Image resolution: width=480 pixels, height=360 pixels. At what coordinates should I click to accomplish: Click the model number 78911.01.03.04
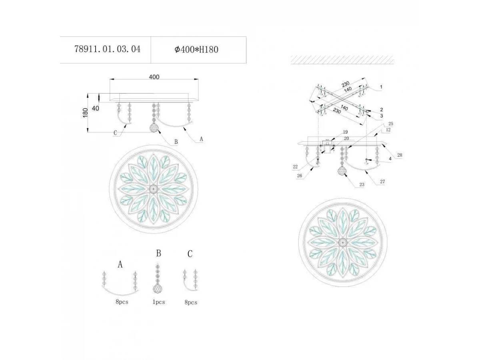click(x=107, y=49)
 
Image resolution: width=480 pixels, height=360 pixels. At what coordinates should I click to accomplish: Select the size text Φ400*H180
click(x=196, y=50)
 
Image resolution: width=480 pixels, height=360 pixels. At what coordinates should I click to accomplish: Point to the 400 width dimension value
click(x=154, y=77)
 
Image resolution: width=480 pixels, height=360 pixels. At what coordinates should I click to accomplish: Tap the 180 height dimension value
click(x=85, y=112)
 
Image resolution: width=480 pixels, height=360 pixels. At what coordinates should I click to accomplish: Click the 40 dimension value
click(x=95, y=108)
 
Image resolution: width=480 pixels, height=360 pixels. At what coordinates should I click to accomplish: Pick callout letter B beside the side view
click(x=176, y=142)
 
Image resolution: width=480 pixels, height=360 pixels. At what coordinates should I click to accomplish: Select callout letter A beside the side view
click(x=202, y=139)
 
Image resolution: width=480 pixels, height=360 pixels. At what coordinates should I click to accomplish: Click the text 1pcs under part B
click(x=159, y=302)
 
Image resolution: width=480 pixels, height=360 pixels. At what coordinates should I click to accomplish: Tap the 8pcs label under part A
click(x=122, y=302)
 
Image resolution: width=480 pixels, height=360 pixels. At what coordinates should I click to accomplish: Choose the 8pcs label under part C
click(x=191, y=302)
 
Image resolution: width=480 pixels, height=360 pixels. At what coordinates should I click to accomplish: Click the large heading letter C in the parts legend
click(x=190, y=254)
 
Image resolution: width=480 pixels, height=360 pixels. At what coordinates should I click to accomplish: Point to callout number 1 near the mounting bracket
click(x=381, y=87)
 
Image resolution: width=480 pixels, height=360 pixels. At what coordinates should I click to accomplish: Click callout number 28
click(x=400, y=155)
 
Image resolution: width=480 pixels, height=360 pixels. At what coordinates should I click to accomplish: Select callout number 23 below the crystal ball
click(x=362, y=184)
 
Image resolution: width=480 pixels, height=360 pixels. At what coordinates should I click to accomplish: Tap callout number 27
click(x=382, y=182)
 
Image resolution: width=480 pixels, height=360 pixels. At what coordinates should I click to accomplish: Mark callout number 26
click(x=299, y=176)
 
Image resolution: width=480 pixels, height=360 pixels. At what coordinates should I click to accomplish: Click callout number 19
click(x=345, y=132)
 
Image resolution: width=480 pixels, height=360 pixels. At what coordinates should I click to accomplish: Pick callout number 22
click(x=295, y=166)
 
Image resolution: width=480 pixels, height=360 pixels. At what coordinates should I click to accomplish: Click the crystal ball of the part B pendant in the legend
click(x=158, y=288)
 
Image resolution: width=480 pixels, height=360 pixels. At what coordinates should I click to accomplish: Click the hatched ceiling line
click(x=342, y=60)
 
